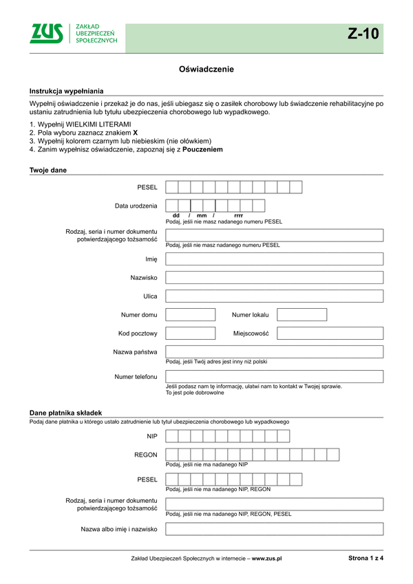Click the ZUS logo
[x=47, y=33]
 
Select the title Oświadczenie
[x=206, y=69]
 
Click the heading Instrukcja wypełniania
[x=66, y=91]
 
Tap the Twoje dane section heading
[x=47, y=170]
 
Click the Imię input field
[x=274, y=259]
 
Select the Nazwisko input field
[x=274, y=278]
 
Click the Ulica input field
[x=274, y=296]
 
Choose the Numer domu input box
[x=191, y=315]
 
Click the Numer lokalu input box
[x=301, y=315]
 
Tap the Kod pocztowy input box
[x=191, y=334]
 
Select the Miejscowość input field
[x=330, y=334]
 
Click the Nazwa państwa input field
[x=274, y=352]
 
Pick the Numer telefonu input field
[x=274, y=377]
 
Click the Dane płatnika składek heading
[x=65, y=412]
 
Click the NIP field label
[x=151, y=436]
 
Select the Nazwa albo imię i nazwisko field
[x=274, y=530]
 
